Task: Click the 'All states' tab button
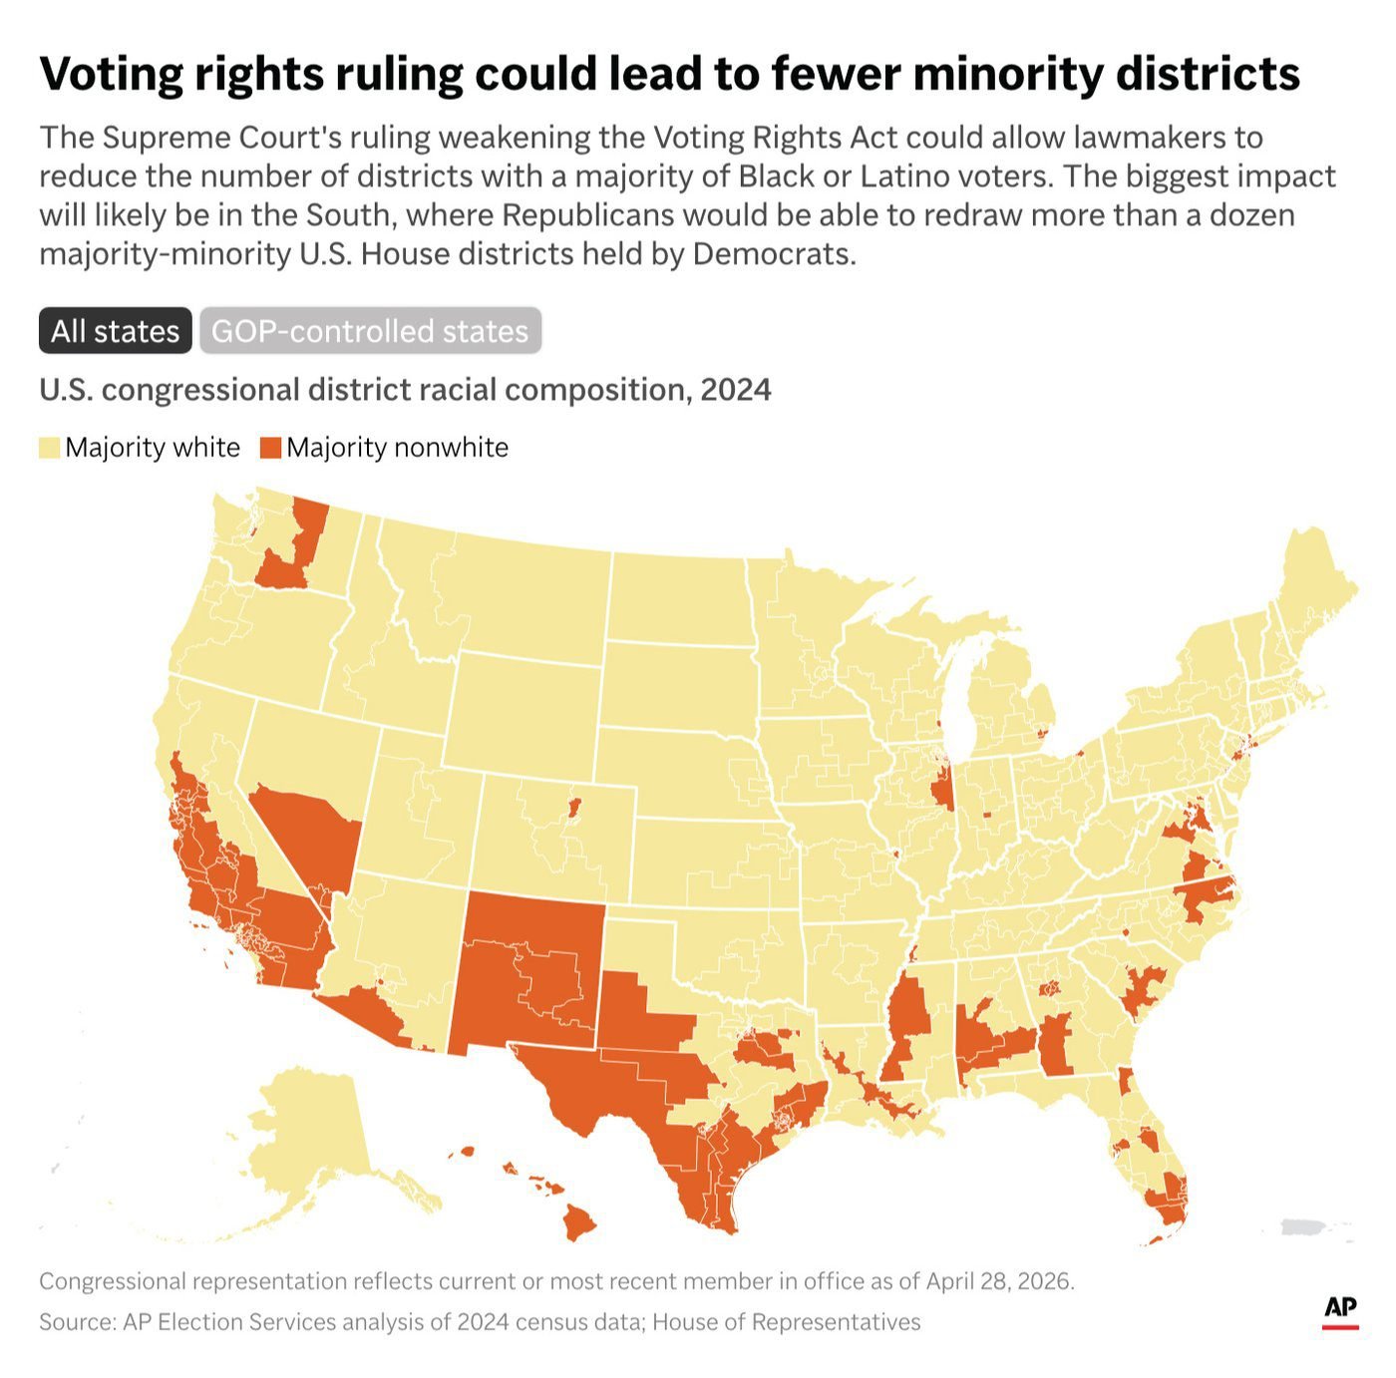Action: [115, 331]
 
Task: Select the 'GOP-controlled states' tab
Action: [370, 331]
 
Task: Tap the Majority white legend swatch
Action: [50, 448]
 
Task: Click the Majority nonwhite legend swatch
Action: [270, 448]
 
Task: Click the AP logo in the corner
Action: [1340, 1311]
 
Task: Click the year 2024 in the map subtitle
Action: [735, 390]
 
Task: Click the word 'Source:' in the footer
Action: [77, 1322]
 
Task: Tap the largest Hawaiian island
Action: [578, 1221]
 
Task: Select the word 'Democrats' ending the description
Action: [773, 255]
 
